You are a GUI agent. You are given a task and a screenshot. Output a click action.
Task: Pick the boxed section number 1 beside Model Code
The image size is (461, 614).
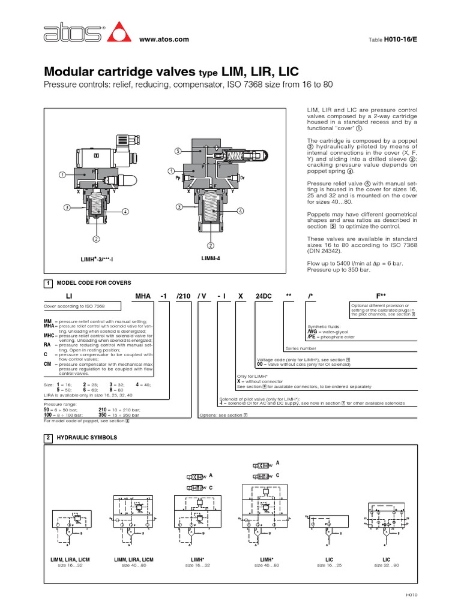tap(47, 282)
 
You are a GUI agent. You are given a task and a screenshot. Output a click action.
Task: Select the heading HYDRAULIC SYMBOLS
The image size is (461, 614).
tap(86, 438)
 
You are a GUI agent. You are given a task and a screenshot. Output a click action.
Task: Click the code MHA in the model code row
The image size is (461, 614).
tap(143, 296)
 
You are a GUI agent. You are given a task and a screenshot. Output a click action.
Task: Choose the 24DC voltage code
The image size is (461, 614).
tap(263, 296)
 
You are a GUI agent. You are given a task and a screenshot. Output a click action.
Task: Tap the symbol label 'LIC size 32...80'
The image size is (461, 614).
tap(386, 562)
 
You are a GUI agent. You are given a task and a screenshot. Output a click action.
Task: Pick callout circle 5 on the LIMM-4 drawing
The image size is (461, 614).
tap(178, 151)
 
